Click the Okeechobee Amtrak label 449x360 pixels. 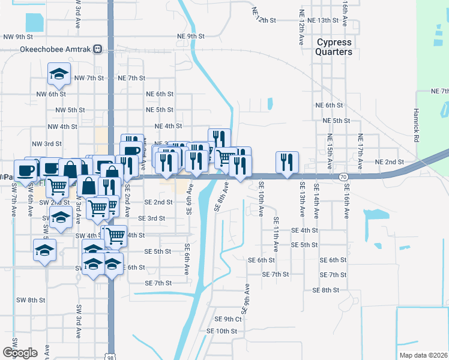coord(55,50)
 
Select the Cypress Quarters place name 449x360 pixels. coord(334,47)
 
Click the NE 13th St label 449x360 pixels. coord(324,20)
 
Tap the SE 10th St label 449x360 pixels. coord(221,331)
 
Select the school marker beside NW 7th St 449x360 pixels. coord(59,75)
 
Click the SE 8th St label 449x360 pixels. coord(326,290)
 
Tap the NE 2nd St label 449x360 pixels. coord(390,162)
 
